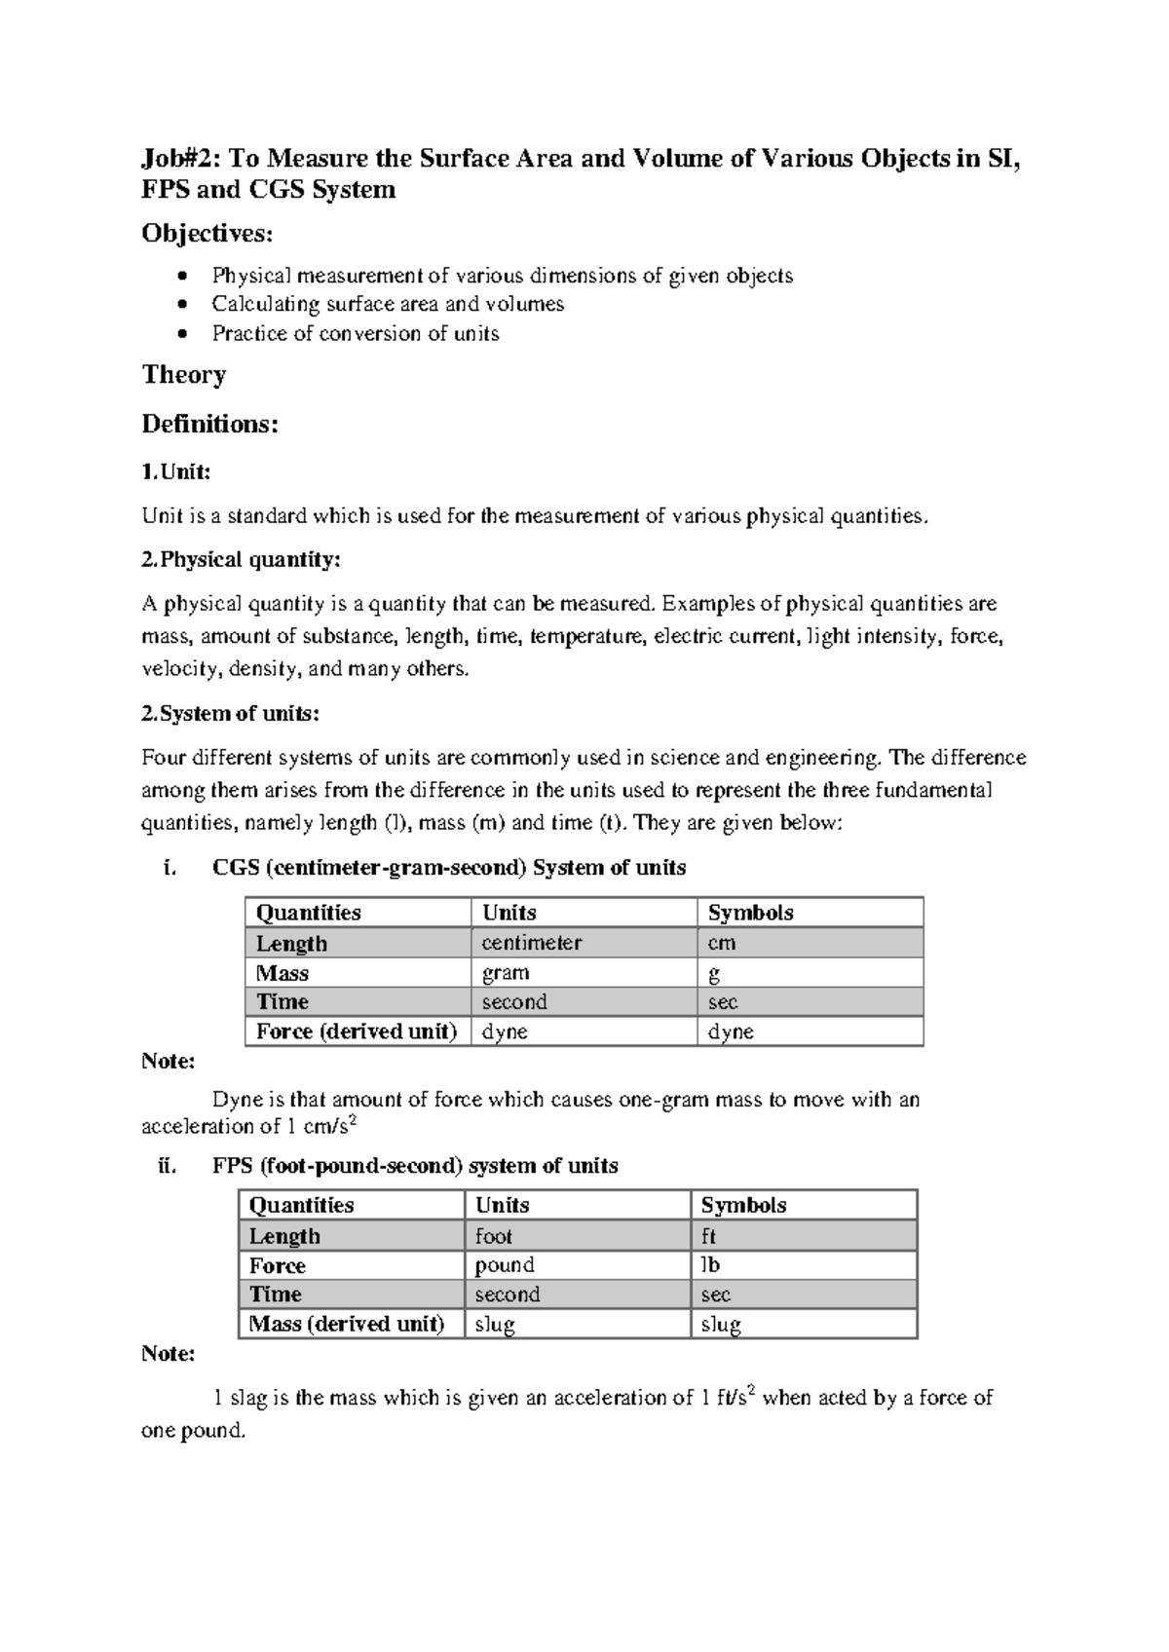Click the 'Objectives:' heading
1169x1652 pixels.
tap(207, 234)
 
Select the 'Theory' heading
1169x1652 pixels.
tap(184, 375)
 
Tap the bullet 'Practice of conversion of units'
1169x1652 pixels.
tap(356, 334)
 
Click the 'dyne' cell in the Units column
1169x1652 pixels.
tap(505, 1032)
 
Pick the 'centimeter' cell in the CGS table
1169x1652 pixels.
tap(532, 943)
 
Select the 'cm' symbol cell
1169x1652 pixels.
tap(722, 943)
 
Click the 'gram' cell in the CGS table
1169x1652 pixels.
tap(506, 973)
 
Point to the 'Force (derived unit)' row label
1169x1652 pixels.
tap(357, 1032)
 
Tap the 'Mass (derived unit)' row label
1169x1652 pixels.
tap(347, 1324)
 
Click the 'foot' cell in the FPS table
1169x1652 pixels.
tap(494, 1236)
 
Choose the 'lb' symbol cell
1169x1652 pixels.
tap(710, 1265)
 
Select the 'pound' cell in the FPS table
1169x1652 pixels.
tap(505, 1265)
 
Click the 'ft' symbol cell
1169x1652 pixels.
tap(708, 1236)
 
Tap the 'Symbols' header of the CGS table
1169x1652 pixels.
tap(750, 913)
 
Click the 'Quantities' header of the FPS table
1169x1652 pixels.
tap(301, 1205)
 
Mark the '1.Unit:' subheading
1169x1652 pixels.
tap(176, 472)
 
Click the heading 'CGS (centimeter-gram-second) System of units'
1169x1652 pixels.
tap(449, 868)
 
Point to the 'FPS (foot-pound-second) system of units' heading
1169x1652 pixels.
tap(415, 1166)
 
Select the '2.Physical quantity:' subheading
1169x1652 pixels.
tap(242, 560)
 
